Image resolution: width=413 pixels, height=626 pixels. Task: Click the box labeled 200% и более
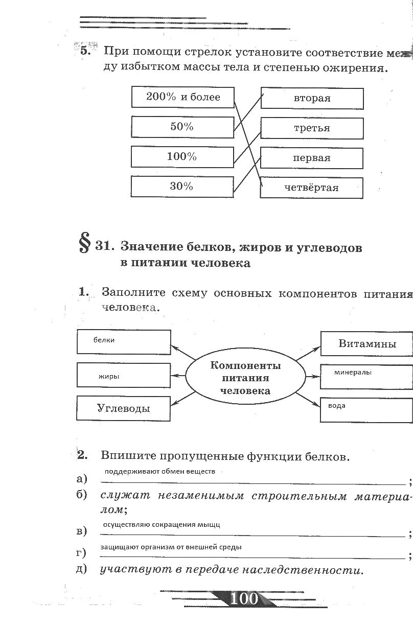pos(182,97)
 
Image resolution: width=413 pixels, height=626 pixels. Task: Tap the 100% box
pos(182,157)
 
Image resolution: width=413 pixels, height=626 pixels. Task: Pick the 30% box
pos(182,187)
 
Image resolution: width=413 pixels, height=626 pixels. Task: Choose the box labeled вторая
pos(312,98)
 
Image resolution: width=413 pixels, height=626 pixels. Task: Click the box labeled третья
pos(312,128)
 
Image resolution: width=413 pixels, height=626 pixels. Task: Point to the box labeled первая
pos(312,158)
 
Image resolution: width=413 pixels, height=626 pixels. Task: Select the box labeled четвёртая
pos(312,188)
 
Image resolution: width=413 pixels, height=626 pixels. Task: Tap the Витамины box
pos(367,343)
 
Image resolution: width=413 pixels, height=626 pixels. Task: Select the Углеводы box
pos(124,408)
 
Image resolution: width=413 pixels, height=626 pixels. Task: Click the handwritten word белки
pos(104,340)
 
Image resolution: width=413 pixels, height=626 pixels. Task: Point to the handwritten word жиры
pos(109,377)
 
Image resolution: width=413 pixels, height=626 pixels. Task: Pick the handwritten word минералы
pos(353,373)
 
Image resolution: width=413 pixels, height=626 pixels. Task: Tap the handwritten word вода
pos(337,406)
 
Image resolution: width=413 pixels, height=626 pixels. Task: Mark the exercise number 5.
pos(85,51)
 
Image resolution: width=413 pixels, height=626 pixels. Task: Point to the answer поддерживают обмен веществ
pos(159,471)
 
